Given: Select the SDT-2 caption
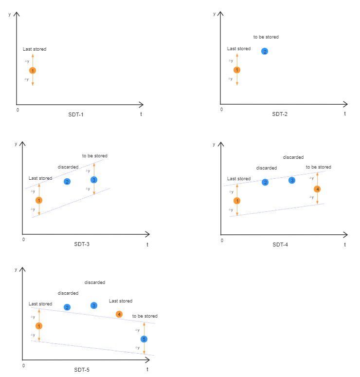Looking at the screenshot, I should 280,114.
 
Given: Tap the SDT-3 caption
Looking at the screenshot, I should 81,244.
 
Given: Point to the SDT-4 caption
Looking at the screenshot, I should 280,244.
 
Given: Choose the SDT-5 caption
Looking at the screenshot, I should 81,370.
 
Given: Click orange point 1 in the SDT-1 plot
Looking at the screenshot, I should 33,71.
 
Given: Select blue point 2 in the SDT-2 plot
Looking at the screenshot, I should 265,51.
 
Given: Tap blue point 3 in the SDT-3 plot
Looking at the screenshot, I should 94,180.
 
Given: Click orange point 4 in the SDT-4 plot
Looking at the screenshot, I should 317,189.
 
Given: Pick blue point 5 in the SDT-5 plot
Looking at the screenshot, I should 144,339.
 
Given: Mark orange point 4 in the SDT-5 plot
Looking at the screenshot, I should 119,314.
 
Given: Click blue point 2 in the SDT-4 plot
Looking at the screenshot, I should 265,182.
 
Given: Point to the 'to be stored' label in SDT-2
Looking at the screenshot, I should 266,37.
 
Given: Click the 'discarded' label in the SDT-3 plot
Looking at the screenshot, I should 68,167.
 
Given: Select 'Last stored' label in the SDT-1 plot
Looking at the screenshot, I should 35,49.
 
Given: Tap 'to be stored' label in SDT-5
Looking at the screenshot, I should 145,316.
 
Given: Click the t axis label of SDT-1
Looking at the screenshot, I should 141,113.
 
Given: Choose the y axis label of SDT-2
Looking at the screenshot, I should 215,14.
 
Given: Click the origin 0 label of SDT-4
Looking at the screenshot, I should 222,241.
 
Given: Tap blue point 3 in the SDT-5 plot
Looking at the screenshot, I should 94,305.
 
